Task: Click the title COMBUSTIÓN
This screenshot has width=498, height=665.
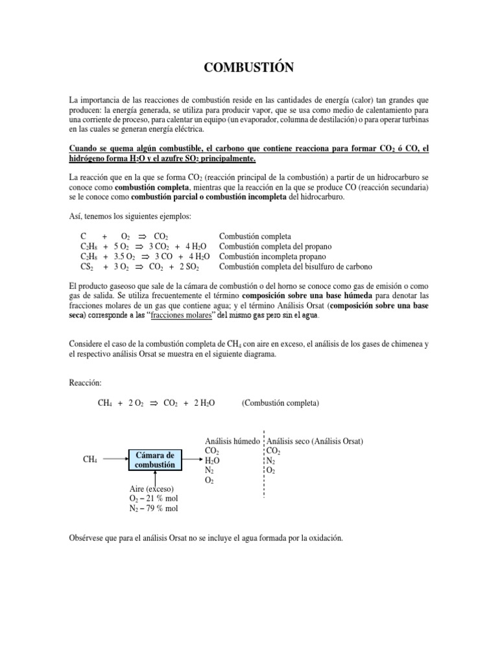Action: (248, 68)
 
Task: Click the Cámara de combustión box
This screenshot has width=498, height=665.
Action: (156, 459)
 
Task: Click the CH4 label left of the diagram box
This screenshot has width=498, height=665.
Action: (90, 460)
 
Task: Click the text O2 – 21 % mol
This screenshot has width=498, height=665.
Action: (154, 498)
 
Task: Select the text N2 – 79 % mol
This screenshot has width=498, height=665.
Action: (154, 508)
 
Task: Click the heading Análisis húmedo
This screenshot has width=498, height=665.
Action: (232, 440)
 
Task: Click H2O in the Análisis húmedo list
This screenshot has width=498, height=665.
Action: (212, 460)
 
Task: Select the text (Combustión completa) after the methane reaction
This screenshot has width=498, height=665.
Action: (280, 403)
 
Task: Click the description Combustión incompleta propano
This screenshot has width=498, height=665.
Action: (276, 257)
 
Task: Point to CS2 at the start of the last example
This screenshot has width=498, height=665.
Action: (87, 267)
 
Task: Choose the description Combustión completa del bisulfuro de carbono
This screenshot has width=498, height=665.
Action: (295, 267)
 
